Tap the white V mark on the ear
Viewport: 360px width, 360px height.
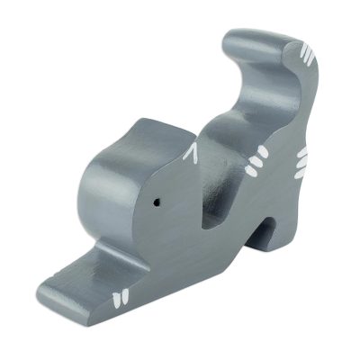(190, 156)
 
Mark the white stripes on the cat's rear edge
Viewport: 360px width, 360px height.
(303, 163)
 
